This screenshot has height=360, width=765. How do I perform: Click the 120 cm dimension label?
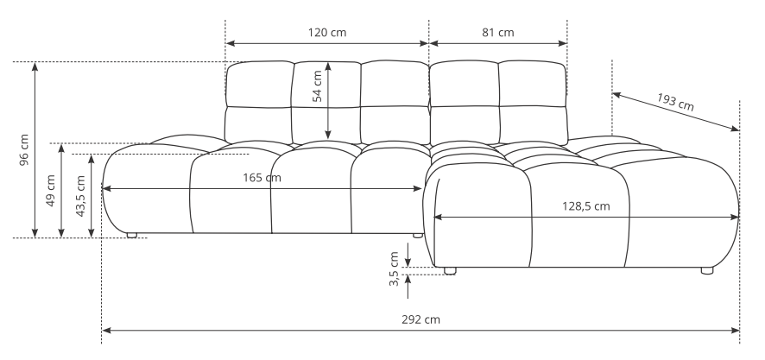coord(327,33)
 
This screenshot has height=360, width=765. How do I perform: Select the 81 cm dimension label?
coord(498,33)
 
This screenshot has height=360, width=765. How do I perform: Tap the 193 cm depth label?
coord(675,102)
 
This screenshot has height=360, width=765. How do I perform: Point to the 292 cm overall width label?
coord(420,319)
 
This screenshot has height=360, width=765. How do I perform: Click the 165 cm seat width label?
coord(262,178)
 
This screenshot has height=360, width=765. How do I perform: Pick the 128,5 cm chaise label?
coord(586,205)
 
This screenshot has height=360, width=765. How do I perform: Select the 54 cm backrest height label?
coord(317,85)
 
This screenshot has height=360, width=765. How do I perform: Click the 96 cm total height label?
coord(24,149)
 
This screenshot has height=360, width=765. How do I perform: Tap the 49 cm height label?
coord(51,190)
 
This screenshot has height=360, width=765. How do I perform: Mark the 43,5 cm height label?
coord(80,196)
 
